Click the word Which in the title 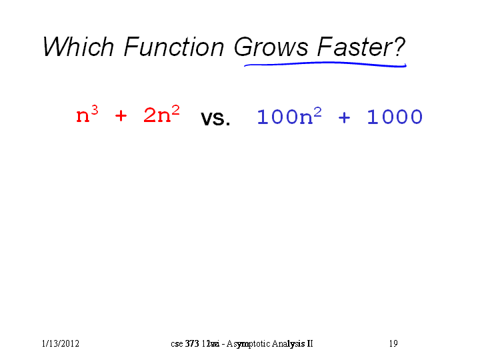[x=79, y=47]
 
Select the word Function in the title [x=174, y=47]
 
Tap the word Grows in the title [x=271, y=47]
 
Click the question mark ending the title [x=400, y=47]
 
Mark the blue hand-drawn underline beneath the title [x=325, y=64]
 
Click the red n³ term [x=87, y=114]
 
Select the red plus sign [x=121, y=116]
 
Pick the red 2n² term [x=161, y=114]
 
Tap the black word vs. [x=215, y=118]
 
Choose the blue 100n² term [x=289, y=116]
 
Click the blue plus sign [x=344, y=117]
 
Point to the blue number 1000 [x=395, y=117]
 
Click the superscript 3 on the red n [x=95, y=109]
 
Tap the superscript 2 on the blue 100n [x=318, y=112]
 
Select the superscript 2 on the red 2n [x=176, y=109]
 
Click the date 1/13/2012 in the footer [x=61, y=343]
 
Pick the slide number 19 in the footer [x=393, y=343]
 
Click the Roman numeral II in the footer [x=309, y=343]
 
